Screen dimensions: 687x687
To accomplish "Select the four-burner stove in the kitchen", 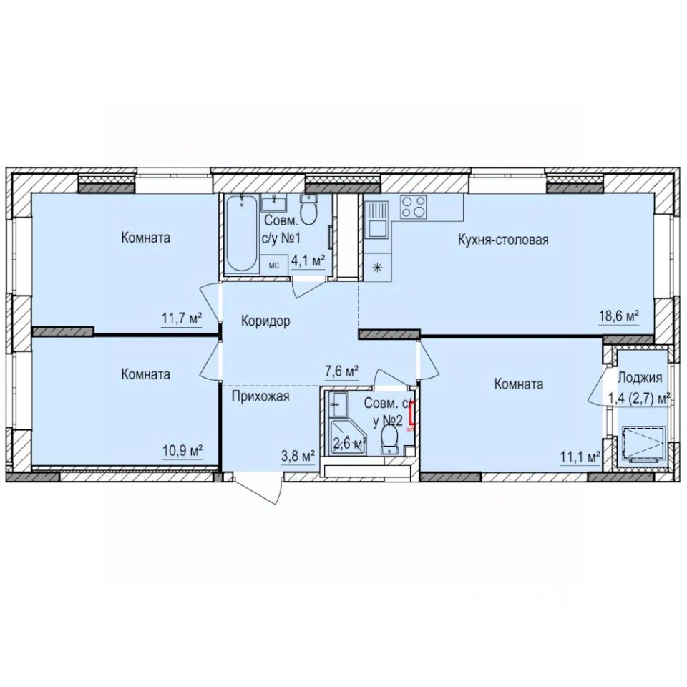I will [x=411, y=207].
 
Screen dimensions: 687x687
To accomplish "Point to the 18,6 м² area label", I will [x=618, y=315].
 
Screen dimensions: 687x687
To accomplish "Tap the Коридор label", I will [x=265, y=321].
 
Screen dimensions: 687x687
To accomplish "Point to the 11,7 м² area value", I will [x=180, y=318].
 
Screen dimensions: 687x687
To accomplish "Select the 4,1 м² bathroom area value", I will [x=308, y=260].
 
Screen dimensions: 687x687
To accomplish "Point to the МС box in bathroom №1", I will [x=273, y=264].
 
